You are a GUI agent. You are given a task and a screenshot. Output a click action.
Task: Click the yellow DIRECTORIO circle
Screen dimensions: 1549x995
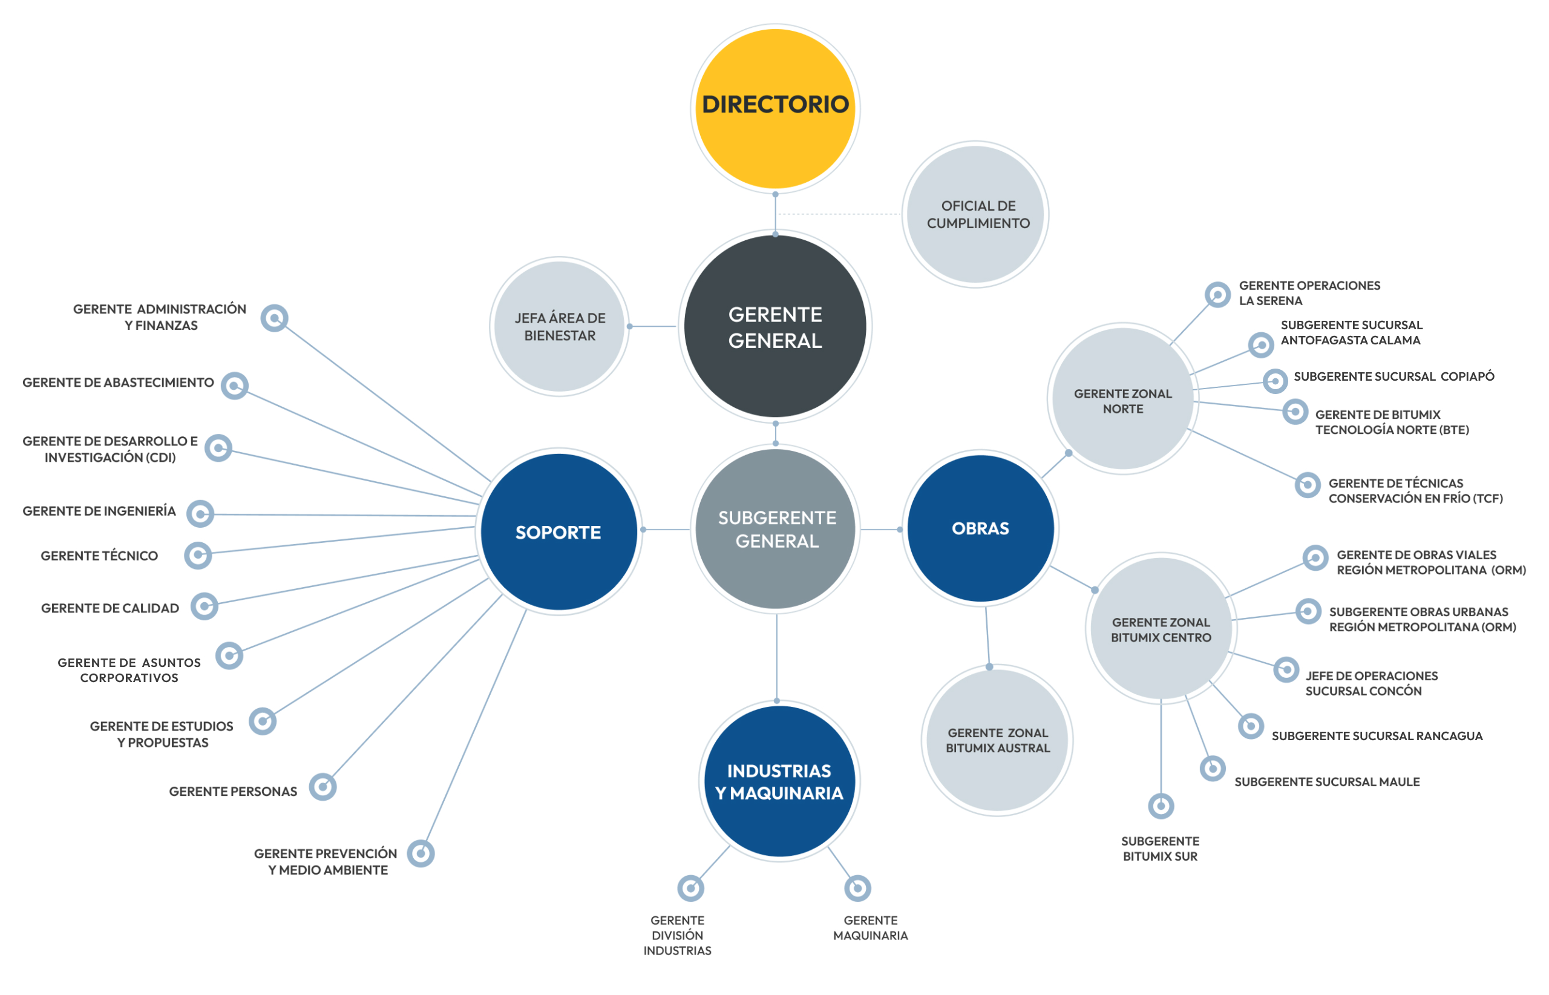(x=775, y=108)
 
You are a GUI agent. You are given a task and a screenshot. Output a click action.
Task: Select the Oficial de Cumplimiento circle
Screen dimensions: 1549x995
(x=975, y=214)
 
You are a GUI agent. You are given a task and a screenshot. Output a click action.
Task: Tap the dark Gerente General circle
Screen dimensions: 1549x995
(x=775, y=326)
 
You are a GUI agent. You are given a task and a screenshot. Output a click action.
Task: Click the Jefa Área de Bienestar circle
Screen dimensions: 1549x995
(x=560, y=326)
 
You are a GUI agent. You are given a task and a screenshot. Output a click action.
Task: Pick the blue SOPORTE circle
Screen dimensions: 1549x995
(x=558, y=532)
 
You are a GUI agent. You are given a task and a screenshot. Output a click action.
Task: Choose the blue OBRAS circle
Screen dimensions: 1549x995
(x=981, y=528)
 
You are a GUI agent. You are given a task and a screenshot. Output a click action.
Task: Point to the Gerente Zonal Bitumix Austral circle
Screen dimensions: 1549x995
(x=997, y=740)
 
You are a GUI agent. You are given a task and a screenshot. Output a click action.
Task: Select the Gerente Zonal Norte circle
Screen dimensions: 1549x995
(x=1123, y=399)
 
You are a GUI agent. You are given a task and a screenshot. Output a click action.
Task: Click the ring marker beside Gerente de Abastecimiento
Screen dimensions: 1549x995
(x=235, y=386)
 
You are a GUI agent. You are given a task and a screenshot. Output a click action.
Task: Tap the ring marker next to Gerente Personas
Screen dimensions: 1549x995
(x=323, y=787)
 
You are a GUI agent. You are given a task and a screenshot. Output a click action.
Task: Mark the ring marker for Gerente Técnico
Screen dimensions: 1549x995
(x=198, y=555)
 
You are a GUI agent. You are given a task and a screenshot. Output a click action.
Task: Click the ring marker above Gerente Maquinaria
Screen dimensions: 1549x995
(x=858, y=888)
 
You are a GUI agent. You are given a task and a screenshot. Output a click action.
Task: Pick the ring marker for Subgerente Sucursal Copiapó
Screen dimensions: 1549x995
(x=1275, y=381)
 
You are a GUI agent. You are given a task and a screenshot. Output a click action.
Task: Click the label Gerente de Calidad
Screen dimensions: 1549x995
(x=110, y=608)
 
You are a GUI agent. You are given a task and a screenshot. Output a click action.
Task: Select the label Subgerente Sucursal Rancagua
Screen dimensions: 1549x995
(x=1377, y=736)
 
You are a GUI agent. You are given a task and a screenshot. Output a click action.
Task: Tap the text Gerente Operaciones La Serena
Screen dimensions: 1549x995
(x=1309, y=293)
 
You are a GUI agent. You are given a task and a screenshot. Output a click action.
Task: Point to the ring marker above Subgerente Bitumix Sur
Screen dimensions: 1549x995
(x=1161, y=806)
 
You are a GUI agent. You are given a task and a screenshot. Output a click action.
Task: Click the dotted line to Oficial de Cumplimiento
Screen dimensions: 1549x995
(x=840, y=214)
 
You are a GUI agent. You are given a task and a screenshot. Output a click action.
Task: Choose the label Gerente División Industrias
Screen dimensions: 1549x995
(x=677, y=935)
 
